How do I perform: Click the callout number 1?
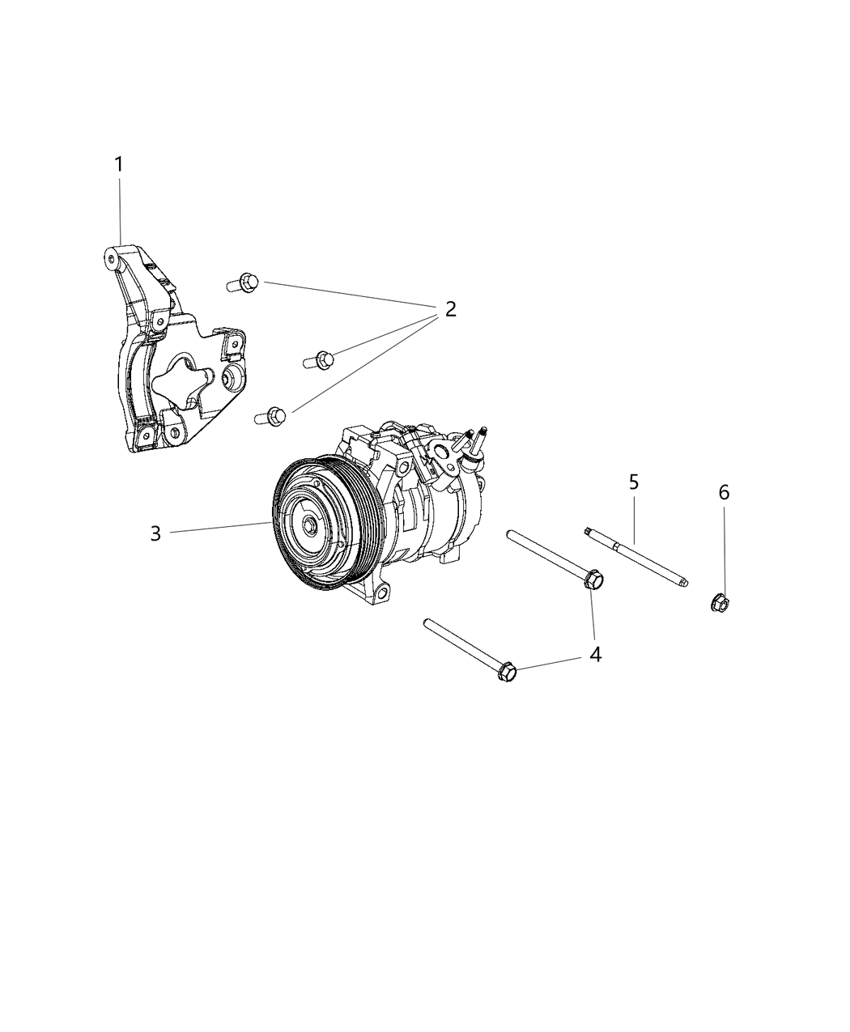tap(119, 164)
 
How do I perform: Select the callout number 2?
tap(449, 309)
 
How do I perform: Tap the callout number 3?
tap(155, 533)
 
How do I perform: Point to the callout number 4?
tap(595, 654)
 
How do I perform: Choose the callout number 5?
tap(634, 483)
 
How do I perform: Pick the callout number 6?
tap(724, 492)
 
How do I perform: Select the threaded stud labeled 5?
tap(635, 556)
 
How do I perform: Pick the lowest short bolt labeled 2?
tap(270, 416)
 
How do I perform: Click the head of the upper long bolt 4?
tap(593, 580)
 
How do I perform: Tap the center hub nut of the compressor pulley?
tap(311, 525)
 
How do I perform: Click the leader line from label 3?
tap(219, 528)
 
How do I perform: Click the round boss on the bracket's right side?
tap(234, 376)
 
